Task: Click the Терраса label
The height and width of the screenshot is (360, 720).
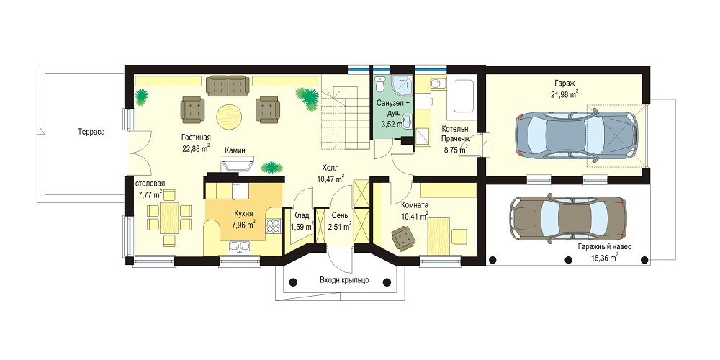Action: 91,132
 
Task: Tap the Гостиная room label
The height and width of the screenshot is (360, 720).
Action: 196,138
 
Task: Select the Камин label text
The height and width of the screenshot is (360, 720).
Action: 235,150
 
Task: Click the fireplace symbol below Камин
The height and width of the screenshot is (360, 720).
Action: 238,164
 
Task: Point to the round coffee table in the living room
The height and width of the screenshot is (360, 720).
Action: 229,117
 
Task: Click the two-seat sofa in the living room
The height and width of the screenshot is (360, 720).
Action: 228,86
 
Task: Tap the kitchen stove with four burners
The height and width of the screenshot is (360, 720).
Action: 273,225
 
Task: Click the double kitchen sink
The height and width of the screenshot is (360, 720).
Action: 239,248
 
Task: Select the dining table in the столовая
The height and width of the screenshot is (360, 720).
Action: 169,217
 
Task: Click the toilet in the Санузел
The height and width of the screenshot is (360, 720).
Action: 380,84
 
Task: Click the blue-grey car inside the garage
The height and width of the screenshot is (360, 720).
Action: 576,135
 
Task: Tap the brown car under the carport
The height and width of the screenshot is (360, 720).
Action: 568,219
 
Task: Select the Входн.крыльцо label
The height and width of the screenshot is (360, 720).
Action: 344,279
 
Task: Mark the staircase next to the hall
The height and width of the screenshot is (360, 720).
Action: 346,120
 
